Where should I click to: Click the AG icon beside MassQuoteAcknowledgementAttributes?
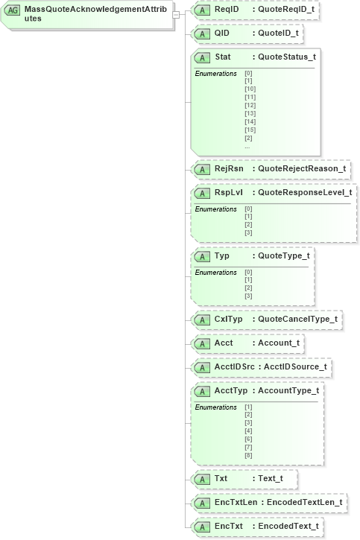click(13, 11)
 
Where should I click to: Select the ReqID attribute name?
click(227, 10)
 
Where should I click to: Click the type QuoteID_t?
click(280, 34)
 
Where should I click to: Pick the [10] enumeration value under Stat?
click(250, 89)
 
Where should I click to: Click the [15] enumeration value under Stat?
click(250, 130)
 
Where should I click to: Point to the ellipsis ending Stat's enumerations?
click(247, 147)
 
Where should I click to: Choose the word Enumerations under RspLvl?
click(215, 209)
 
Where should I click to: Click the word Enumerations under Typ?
click(215, 273)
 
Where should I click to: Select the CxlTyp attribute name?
click(229, 320)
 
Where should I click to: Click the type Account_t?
click(278, 343)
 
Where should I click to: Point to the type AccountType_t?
click(288, 391)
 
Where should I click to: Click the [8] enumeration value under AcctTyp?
click(248, 455)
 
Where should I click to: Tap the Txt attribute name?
click(221, 477)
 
